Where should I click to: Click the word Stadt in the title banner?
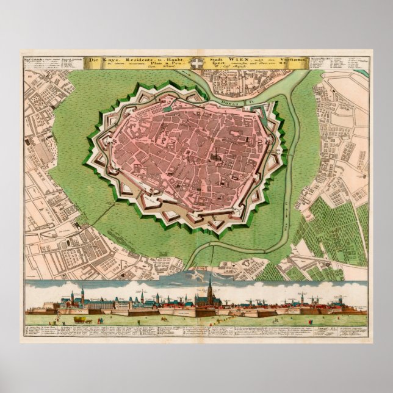(218, 59)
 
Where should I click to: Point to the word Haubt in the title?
(174, 59)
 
